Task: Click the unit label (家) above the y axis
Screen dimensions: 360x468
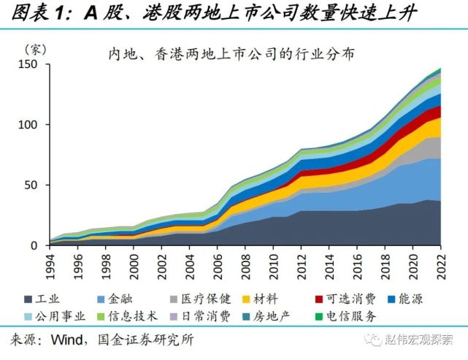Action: pyautogui.click(x=35, y=50)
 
